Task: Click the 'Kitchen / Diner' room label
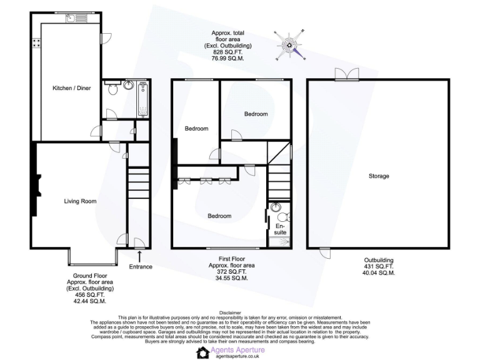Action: (x=71, y=88)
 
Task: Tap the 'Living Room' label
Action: (x=80, y=201)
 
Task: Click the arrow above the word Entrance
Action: (x=139, y=256)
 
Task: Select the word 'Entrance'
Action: (x=140, y=267)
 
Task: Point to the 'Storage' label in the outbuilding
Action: (x=378, y=176)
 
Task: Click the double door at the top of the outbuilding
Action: (x=346, y=75)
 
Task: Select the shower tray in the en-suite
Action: (x=279, y=239)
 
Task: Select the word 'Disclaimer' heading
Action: (x=230, y=312)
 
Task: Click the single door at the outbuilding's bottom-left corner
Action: (x=324, y=252)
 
